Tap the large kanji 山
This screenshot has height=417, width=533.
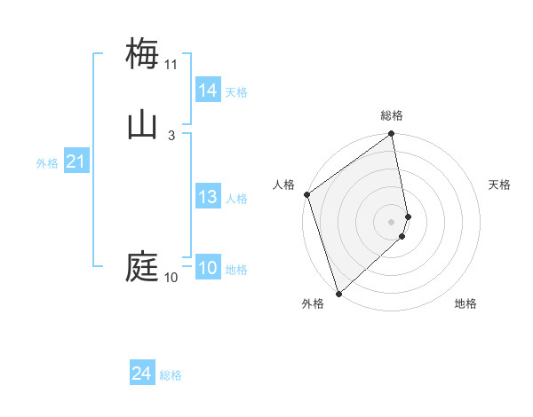(x=142, y=124)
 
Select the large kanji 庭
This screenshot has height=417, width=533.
(x=142, y=266)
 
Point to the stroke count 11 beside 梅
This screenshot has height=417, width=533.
(x=171, y=65)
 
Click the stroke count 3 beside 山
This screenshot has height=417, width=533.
(x=171, y=135)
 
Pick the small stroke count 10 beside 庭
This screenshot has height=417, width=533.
(x=171, y=278)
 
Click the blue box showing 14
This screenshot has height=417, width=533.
(x=208, y=90)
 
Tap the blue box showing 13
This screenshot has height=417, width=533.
(x=208, y=197)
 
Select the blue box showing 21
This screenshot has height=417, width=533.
(x=76, y=161)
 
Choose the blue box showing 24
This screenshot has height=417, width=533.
(x=141, y=374)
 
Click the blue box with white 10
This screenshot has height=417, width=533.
(x=208, y=269)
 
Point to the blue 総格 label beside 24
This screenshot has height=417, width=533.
(x=171, y=375)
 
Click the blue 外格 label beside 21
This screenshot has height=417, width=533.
(x=47, y=163)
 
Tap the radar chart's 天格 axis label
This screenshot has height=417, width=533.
(x=500, y=185)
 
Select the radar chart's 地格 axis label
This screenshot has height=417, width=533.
(x=465, y=303)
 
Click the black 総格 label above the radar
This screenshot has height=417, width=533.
(x=392, y=115)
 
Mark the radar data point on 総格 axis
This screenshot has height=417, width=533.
(x=392, y=135)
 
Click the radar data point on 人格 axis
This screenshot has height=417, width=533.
(x=306, y=194)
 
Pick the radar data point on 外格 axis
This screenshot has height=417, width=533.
(x=338, y=293)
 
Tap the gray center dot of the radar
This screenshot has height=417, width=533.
(x=392, y=221)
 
